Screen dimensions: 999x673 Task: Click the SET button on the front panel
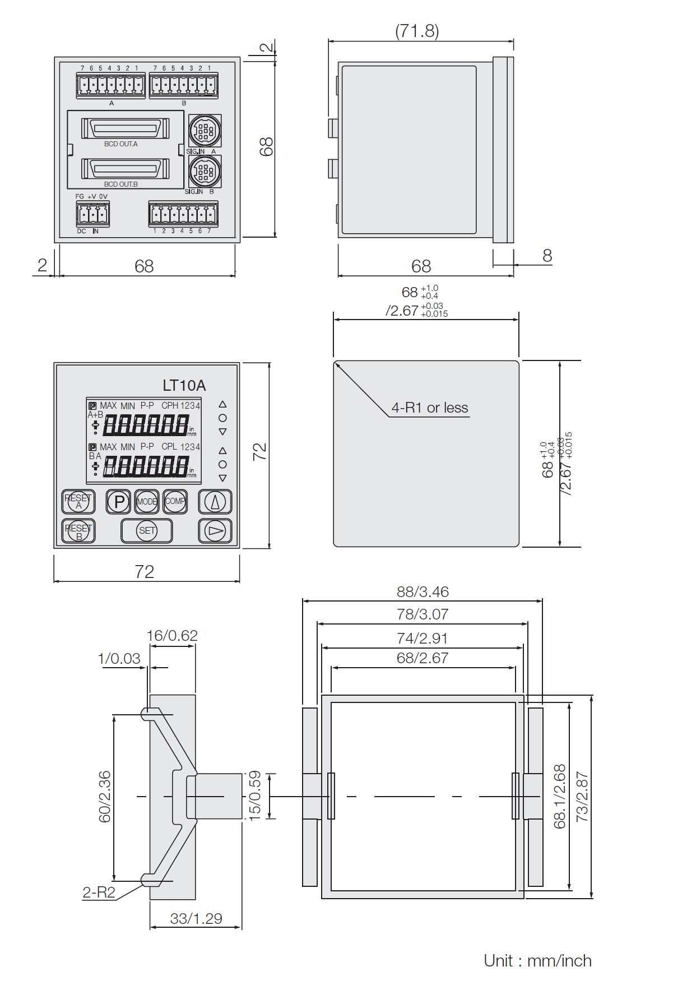tap(147, 530)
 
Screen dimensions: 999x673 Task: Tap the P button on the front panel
tap(119, 501)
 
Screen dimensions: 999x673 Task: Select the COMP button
tap(175, 501)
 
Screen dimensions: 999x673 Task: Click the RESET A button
tap(78, 501)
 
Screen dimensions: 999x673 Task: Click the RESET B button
tap(78, 531)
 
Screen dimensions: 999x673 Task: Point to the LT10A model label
tap(184, 386)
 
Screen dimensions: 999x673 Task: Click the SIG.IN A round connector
tap(204, 132)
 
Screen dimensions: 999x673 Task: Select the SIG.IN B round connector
tap(204, 172)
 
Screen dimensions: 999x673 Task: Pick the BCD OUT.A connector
tap(125, 128)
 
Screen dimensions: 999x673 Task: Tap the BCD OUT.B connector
tap(125, 168)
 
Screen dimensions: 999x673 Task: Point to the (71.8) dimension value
tap(417, 31)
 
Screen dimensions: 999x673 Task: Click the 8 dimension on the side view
tap(547, 256)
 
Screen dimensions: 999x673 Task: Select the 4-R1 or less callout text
tap(429, 408)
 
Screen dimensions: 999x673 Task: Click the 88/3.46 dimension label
tap(423, 591)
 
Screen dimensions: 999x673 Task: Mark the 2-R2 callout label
tap(99, 892)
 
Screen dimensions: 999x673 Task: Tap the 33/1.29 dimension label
tap(196, 918)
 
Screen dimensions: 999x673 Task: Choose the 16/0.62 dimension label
tap(172, 635)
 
